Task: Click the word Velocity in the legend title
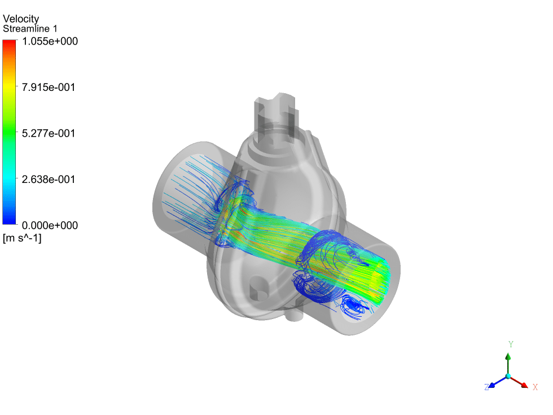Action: click(21, 18)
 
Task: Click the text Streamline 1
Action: click(30, 29)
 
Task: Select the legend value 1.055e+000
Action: click(50, 41)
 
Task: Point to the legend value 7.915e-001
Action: click(49, 87)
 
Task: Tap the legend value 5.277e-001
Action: click(49, 133)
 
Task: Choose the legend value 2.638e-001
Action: click(49, 180)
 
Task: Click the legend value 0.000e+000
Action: click(50, 225)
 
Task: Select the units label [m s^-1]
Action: click(22, 238)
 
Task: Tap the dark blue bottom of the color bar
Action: click(10, 220)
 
